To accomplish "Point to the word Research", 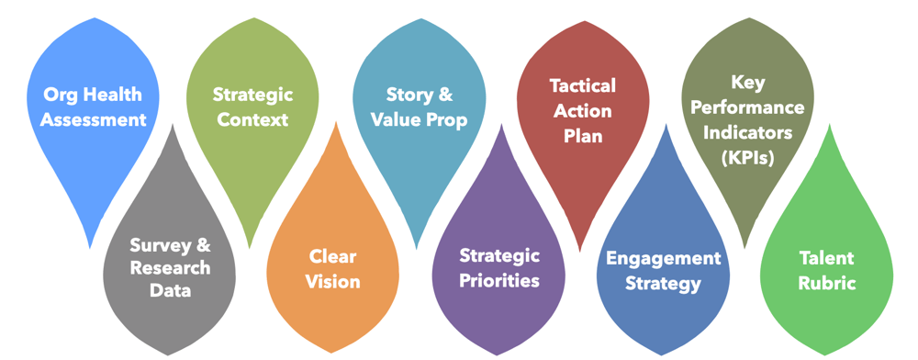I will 170,268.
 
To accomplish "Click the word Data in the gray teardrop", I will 171,291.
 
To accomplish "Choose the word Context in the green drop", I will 252,119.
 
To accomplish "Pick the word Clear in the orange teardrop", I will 332,257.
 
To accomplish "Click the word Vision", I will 332,281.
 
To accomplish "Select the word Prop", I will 445,119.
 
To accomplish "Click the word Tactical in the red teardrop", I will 582,86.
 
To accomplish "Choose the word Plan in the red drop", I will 582,134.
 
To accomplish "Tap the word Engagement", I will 663,258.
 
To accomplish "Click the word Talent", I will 827,259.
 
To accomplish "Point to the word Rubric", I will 827,283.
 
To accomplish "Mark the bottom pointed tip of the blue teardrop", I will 89,246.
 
